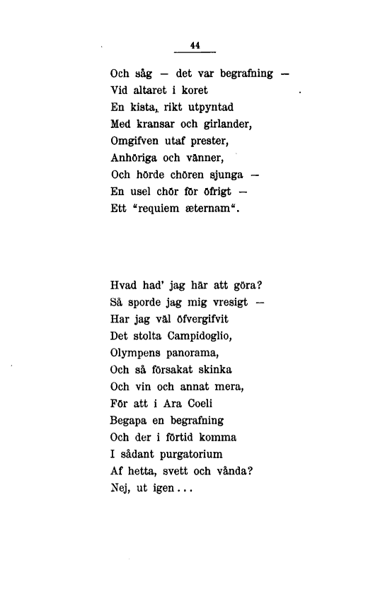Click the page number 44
pyautogui.click(x=195, y=45)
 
